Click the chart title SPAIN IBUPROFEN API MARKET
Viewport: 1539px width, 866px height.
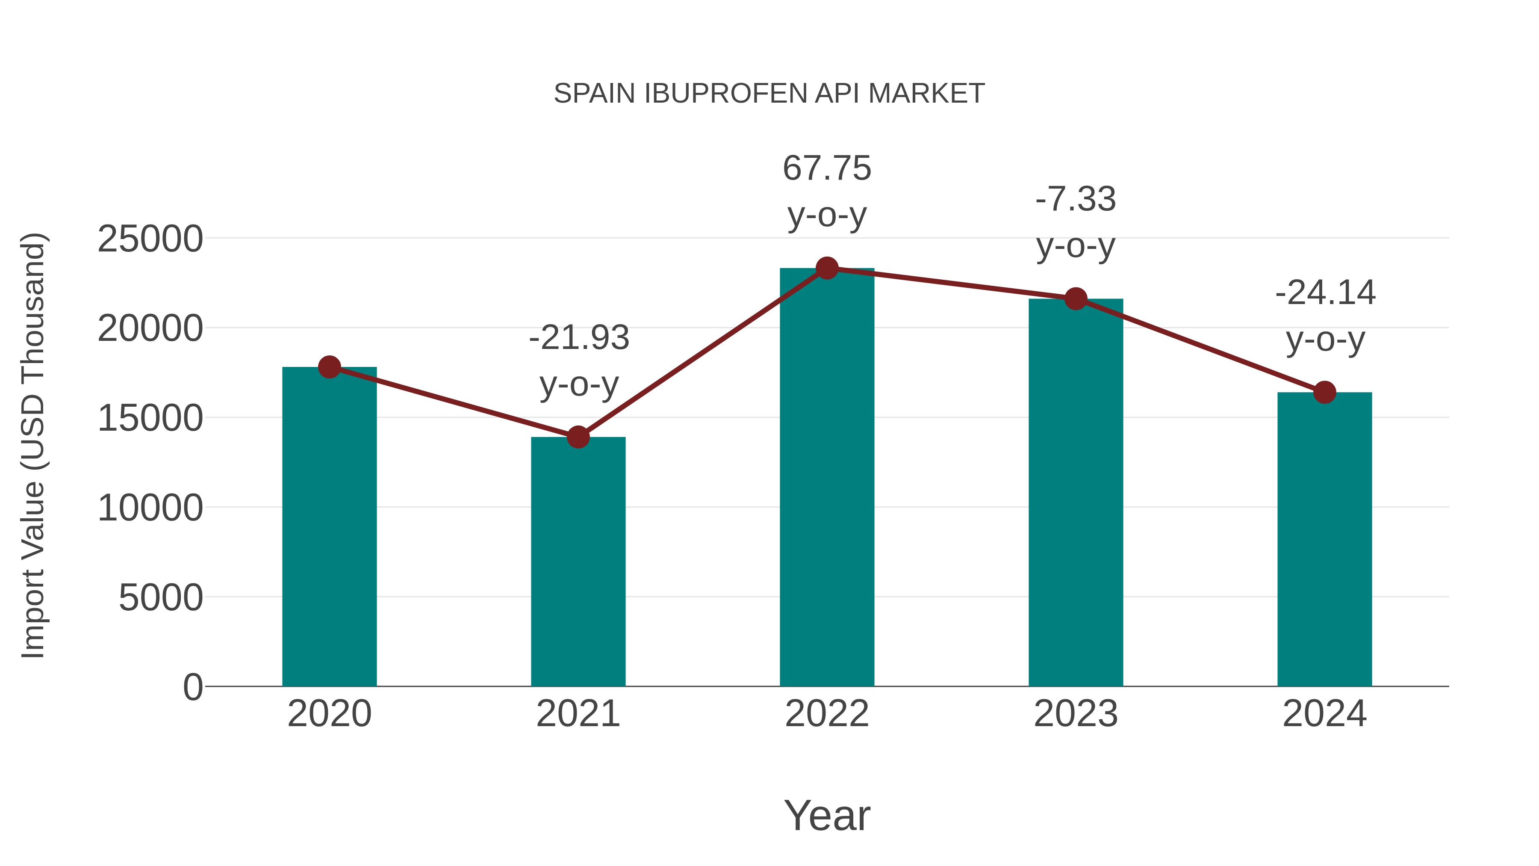coord(769,94)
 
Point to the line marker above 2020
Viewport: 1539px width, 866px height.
coord(329,367)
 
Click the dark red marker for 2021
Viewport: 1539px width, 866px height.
coord(578,437)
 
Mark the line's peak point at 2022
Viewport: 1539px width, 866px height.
coord(827,268)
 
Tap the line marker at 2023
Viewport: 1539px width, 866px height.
coord(1076,299)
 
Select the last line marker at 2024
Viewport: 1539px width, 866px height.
coord(1324,392)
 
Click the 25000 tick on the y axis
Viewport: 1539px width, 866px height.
coord(150,239)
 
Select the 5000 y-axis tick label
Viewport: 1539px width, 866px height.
coord(161,598)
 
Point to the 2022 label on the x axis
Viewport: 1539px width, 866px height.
coord(827,714)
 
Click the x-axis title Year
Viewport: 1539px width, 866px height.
coord(827,816)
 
